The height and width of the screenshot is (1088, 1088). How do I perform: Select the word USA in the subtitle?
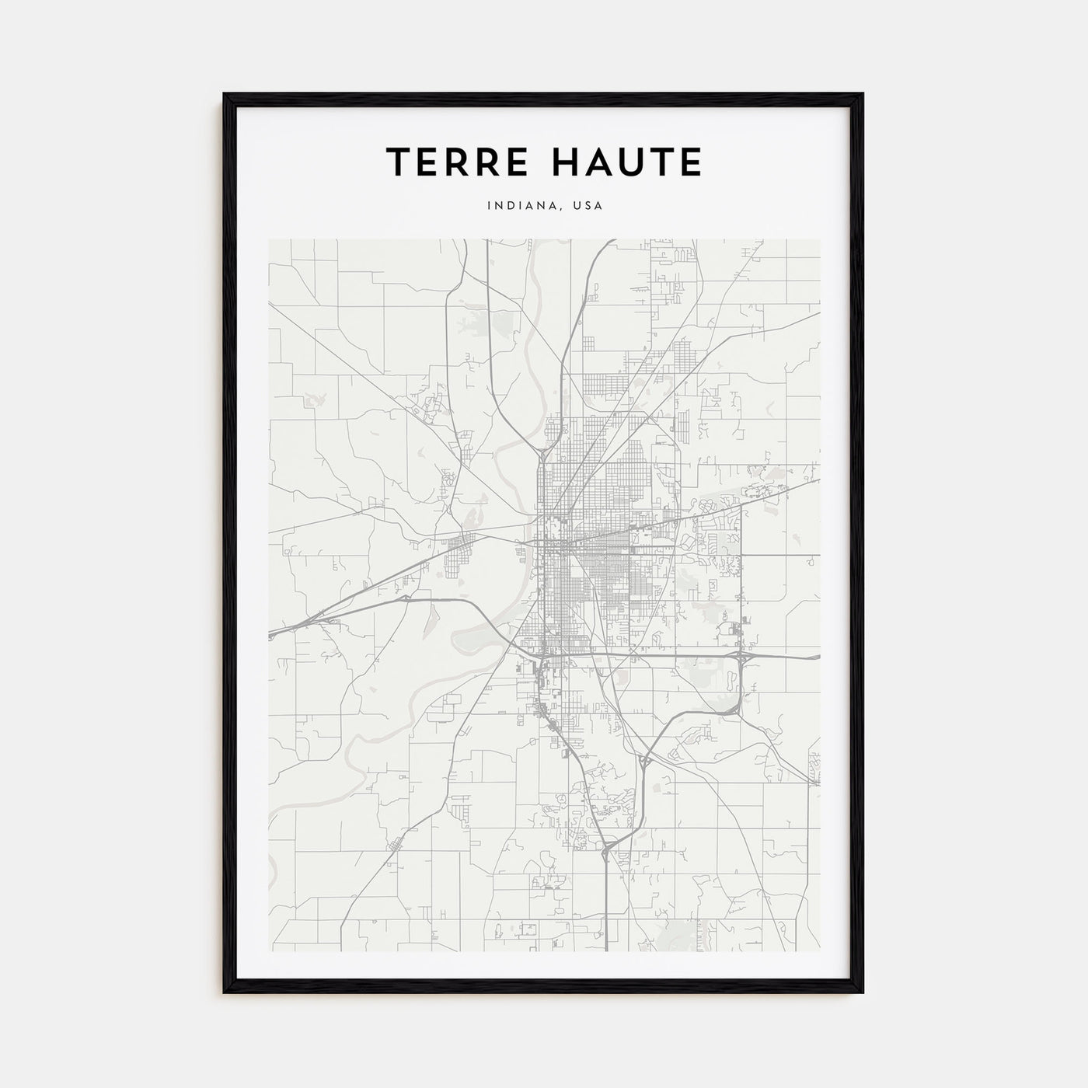coord(587,206)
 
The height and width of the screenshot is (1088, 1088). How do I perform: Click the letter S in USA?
coord(587,206)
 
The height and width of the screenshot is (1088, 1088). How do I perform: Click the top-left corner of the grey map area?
coord(269,239)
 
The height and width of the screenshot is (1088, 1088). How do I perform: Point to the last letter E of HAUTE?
coord(690,162)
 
